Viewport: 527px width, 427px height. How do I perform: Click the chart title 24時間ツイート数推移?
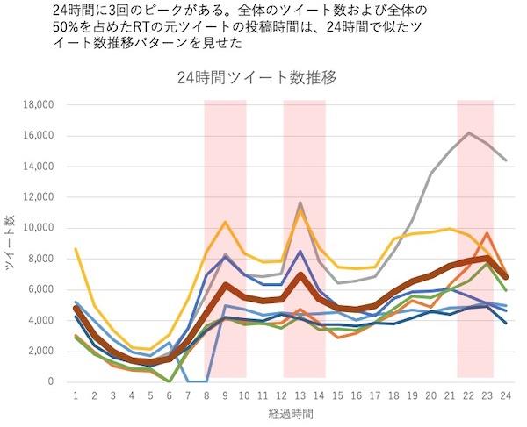(x=263, y=77)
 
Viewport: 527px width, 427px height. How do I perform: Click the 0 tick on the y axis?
(x=51, y=382)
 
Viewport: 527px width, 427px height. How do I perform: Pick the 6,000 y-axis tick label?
(x=40, y=289)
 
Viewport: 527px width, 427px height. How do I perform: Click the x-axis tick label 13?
(x=300, y=396)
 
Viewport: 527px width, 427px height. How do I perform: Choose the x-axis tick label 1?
(x=76, y=396)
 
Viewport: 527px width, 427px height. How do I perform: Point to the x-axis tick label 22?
(x=471, y=396)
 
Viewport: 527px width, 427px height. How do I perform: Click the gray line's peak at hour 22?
(x=470, y=132)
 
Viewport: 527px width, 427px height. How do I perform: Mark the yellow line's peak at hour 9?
(x=226, y=222)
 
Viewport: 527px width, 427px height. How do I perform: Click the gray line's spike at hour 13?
(x=300, y=203)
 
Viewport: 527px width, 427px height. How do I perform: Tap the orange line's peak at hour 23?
(x=487, y=233)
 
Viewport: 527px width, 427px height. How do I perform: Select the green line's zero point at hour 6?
(x=170, y=381)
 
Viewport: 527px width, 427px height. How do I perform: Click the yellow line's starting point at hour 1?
(x=76, y=249)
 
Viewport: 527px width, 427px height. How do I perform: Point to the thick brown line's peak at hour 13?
(x=300, y=274)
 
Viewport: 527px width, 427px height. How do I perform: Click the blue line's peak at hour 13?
(x=300, y=252)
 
